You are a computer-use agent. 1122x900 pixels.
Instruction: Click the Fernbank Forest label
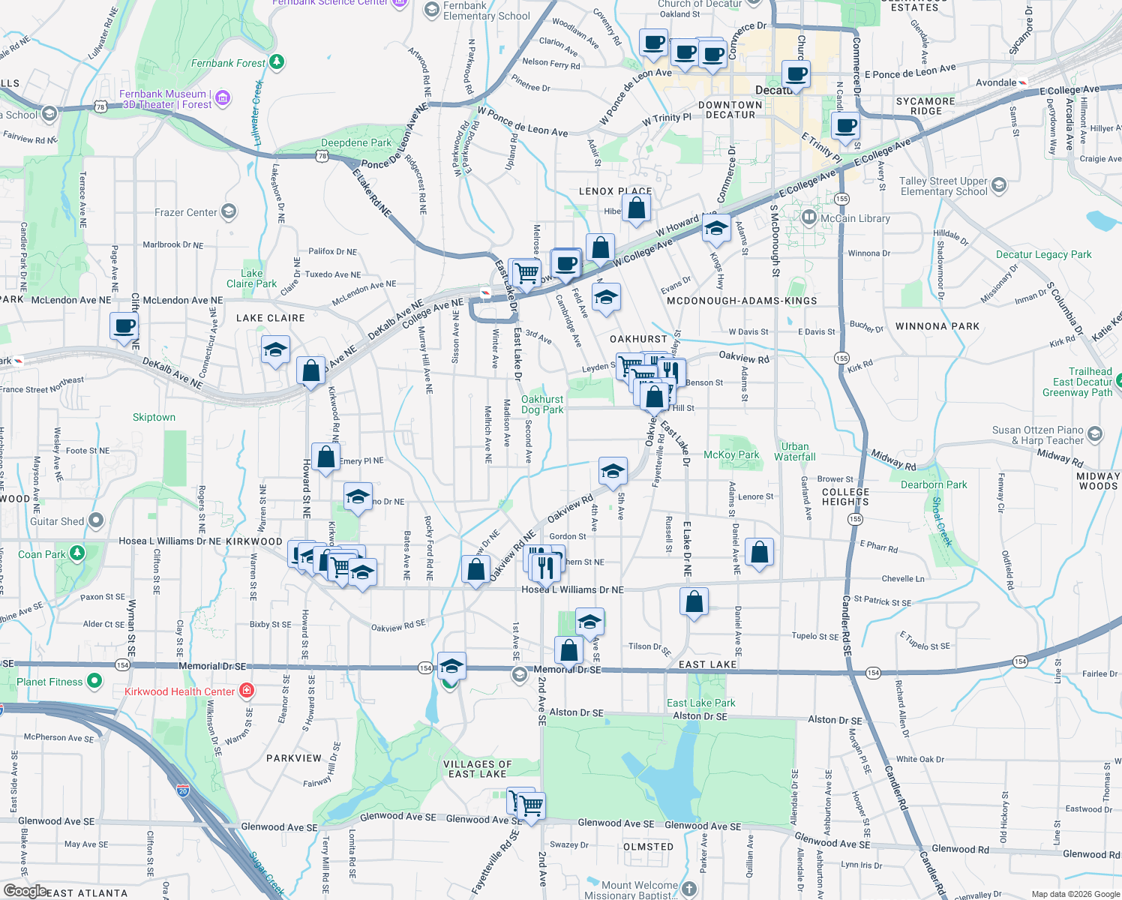(x=228, y=63)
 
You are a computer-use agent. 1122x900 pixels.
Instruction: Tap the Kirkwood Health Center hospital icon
(x=247, y=691)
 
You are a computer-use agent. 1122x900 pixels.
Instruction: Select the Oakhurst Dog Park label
(x=542, y=404)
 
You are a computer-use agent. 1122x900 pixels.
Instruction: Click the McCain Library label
(x=855, y=218)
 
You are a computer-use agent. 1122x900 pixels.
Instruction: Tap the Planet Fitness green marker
(x=94, y=681)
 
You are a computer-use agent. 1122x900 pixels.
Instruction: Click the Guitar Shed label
(x=57, y=521)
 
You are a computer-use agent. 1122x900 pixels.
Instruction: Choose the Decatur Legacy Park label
(x=1043, y=254)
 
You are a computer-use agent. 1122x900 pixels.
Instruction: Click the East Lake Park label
(x=700, y=703)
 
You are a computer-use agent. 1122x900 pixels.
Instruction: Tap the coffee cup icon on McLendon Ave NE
(x=124, y=327)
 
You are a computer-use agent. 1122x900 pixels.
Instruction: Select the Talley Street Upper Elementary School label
(x=943, y=186)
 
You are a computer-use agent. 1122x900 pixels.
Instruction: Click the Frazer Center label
(x=185, y=212)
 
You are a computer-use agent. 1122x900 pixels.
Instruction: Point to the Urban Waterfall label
(x=794, y=451)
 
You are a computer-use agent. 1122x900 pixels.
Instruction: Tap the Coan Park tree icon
(x=77, y=553)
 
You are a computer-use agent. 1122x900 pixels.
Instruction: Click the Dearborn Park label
(x=934, y=484)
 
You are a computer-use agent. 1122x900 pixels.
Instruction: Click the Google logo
(x=25, y=891)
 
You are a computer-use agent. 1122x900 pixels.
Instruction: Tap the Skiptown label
(x=154, y=417)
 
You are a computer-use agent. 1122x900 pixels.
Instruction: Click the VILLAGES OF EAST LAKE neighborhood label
(x=478, y=769)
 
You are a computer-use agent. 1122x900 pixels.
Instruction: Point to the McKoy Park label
(x=731, y=454)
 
